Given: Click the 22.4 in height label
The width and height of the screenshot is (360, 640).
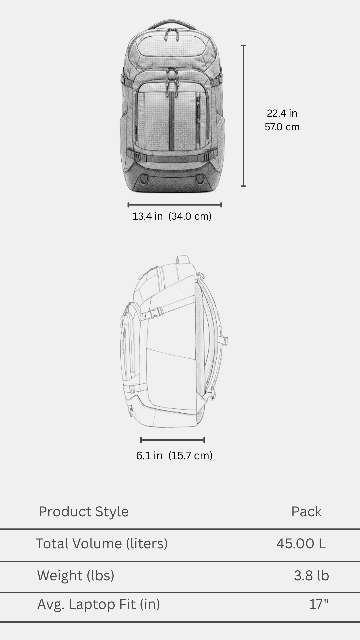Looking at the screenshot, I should pyautogui.click(x=282, y=113).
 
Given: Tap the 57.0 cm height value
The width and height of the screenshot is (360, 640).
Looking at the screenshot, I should pyautogui.click(x=282, y=127).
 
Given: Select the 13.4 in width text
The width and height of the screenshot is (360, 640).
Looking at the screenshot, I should pyautogui.click(x=148, y=216).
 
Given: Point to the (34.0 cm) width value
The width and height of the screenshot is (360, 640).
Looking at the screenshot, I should pyautogui.click(x=190, y=216).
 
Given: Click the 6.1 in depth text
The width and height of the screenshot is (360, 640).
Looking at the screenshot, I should pyautogui.click(x=149, y=456).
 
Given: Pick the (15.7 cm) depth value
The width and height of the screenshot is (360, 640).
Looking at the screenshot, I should pyautogui.click(x=190, y=456).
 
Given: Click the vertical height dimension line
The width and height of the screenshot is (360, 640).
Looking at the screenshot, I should pyautogui.click(x=243, y=116).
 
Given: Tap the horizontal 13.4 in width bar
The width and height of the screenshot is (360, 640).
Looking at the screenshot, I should pyautogui.click(x=174, y=205).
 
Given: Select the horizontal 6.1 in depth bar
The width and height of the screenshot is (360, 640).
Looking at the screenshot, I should pyautogui.click(x=173, y=440).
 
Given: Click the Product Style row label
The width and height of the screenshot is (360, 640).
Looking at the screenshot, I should pyautogui.click(x=83, y=512).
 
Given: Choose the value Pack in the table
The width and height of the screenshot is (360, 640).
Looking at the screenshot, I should pyautogui.click(x=306, y=512).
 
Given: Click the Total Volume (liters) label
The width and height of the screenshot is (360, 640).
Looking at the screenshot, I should pyautogui.click(x=102, y=544).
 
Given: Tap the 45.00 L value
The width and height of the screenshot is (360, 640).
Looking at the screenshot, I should pyautogui.click(x=301, y=544).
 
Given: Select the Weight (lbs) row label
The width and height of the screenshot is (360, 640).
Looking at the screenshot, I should pyautogui.click(x=76, y=576).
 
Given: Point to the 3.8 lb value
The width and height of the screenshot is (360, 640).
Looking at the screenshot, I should pyautogui.click(x=311, y=576).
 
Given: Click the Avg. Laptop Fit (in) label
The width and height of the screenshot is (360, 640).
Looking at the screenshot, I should pyautogui.click(x=99, y=604).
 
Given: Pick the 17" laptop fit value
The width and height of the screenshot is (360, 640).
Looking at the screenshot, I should pyautogui.click(x=319, y=604).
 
